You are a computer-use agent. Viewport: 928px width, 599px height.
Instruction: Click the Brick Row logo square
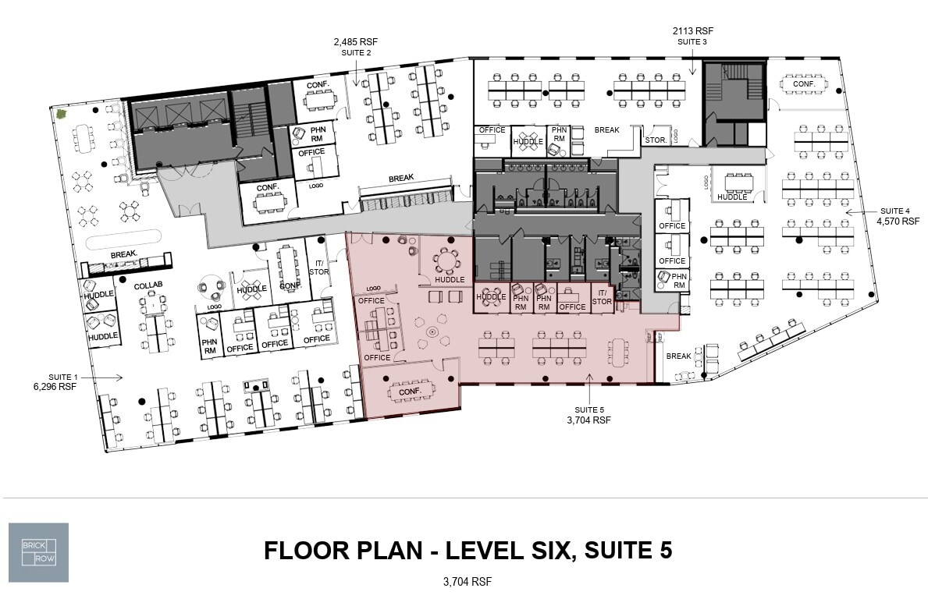[38, 552]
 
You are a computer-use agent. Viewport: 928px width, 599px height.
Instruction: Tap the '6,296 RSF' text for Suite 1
[55, 386]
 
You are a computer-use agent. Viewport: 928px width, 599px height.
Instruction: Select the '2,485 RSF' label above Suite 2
[356, 41]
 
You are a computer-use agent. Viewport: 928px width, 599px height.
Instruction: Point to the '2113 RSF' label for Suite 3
[693, 31]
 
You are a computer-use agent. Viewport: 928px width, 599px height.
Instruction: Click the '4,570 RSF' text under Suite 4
[893, 222]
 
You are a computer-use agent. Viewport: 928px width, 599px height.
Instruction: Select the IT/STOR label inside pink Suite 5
[602, 297]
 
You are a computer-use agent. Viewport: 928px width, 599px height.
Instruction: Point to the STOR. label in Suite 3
[654, 140]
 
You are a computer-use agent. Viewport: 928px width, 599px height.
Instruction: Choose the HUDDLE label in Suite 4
[732, 197]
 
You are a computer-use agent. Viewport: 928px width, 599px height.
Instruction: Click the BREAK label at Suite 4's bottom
[678, 356]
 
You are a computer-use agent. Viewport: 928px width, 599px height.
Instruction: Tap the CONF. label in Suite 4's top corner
[804, 83]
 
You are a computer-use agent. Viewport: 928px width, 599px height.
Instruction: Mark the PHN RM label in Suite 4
[679, 281]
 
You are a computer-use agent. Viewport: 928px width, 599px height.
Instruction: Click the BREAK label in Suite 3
[607, 130]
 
